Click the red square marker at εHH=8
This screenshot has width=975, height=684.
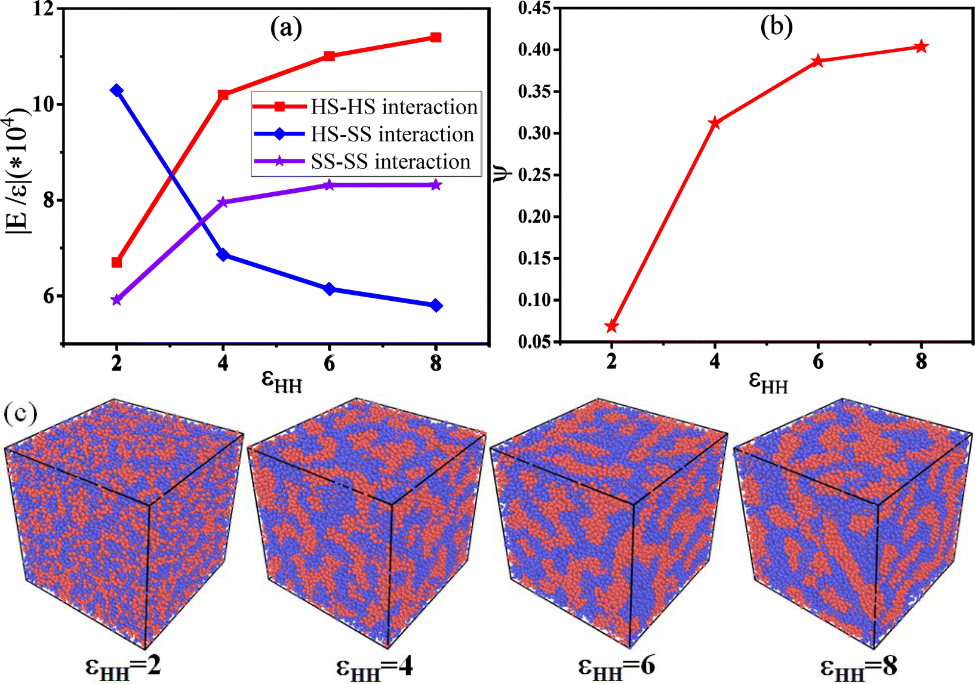point(436,38)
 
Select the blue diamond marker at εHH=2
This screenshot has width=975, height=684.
point(117,90)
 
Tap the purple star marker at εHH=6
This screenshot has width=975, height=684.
point(330,185)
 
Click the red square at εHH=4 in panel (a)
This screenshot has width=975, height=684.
point(223,95)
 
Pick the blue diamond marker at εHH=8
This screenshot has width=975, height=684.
point(436,306)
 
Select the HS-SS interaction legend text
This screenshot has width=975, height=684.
point(392,134)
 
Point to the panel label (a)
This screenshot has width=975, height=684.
point(285,27)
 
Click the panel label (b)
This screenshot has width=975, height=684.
point(776,27)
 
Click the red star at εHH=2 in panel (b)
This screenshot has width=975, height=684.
point(611,326)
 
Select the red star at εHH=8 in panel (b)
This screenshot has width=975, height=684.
point(921,47)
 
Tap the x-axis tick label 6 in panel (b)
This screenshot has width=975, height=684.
point(818,361)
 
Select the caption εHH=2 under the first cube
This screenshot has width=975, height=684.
point(123,665)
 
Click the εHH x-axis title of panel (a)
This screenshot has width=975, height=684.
point(282,382)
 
